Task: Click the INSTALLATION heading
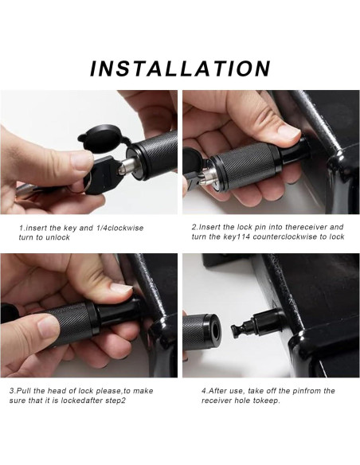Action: coord(180,68)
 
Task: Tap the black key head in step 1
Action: coord(104,174)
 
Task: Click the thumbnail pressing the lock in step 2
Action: coord(288,132)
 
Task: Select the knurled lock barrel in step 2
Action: coord(245,166)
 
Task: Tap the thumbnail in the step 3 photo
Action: coord(121,288)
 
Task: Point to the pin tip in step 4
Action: coord(235,329)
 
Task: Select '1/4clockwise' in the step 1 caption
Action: coord(119,228)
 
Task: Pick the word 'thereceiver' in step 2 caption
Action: coord(306,227)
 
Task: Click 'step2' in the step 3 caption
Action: coord(115,401)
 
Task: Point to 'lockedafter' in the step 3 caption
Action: coord(81,401)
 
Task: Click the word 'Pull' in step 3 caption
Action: coord(23,391)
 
